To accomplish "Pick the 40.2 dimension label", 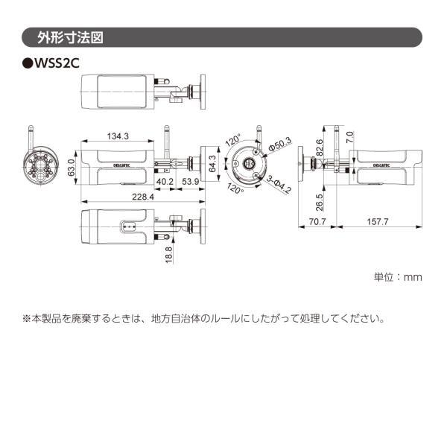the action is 165,181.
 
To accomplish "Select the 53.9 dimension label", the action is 191,181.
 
